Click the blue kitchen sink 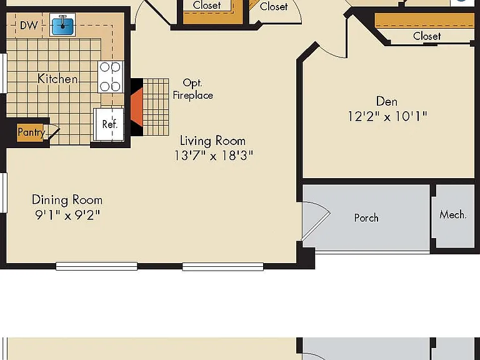click(x=62, y=26)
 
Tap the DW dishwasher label click(x=29, y=26)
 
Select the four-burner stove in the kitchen click(x=111, y=77)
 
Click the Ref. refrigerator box click(x=109, y=124)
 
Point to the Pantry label click(x=31, y=132)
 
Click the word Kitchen click(x=57, y=79)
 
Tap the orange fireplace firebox click(x=137, y=107)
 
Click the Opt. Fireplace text click(x=193, y=89)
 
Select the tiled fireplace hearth click(x=156, y=107)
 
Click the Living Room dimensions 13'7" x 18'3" click(x=214, y=155)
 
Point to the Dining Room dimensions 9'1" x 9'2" click(x=67, y=215)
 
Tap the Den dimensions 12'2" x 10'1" click(x=387, y=116)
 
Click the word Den click(x=387, y=101)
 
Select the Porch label click(x=366, y=218)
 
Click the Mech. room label click(x=452, y=214)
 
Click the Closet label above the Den click(x=427, y=36)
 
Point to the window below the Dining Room click(x=96, y=266)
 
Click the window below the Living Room click(x=223, y=267)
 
